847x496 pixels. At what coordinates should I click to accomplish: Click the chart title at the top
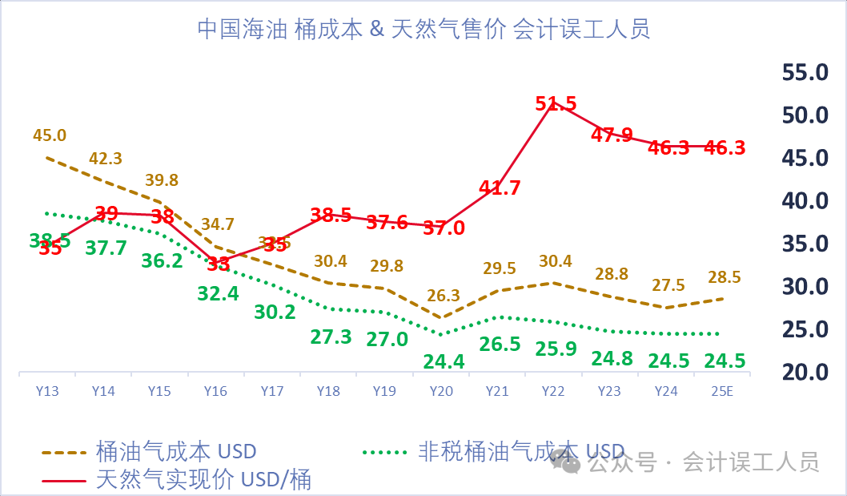[423, 30]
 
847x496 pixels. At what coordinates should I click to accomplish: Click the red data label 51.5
[556, 104]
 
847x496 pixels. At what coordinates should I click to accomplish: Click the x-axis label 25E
[721, 391]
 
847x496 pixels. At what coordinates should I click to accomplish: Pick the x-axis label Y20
[441, 391]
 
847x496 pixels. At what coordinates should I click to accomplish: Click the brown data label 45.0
[50, 135]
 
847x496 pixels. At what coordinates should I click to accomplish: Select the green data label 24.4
[444, 362]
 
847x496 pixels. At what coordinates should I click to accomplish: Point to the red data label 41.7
[500, 188]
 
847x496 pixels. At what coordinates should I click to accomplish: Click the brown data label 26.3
[442, 296]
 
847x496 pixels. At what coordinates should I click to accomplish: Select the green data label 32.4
[218, 293]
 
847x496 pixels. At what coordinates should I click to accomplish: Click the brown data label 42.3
[106, 159]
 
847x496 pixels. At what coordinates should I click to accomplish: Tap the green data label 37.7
[106, 248]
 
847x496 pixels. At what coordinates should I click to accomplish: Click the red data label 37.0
[444, 228]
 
